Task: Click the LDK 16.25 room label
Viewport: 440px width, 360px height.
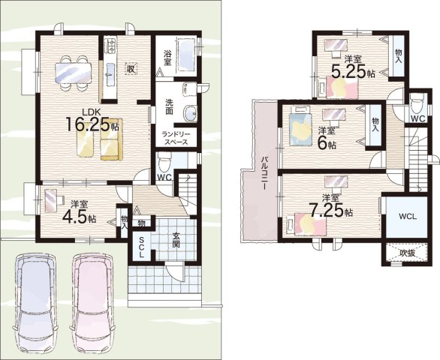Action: [x=92, y=121]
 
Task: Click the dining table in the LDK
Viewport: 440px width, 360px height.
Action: [x=74, y=73]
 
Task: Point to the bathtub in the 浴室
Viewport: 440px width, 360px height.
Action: [x=185, y=56]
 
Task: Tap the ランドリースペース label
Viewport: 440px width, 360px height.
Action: [x=176, y=138]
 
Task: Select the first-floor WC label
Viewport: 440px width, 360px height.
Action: [x=164, y=178]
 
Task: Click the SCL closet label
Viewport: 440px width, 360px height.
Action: [x=141, y=247]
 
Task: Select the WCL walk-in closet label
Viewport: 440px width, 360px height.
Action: [x=408, y=217]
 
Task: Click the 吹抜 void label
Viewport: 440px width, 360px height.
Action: [x=407, y=253]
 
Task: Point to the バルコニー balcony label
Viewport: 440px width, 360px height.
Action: [x=264, y=173]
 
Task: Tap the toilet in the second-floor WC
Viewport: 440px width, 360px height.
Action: [x=416, y=103]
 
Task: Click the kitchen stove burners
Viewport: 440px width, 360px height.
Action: [x=110, y=46]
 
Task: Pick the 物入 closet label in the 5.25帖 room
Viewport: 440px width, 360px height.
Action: [x=398, y=55]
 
